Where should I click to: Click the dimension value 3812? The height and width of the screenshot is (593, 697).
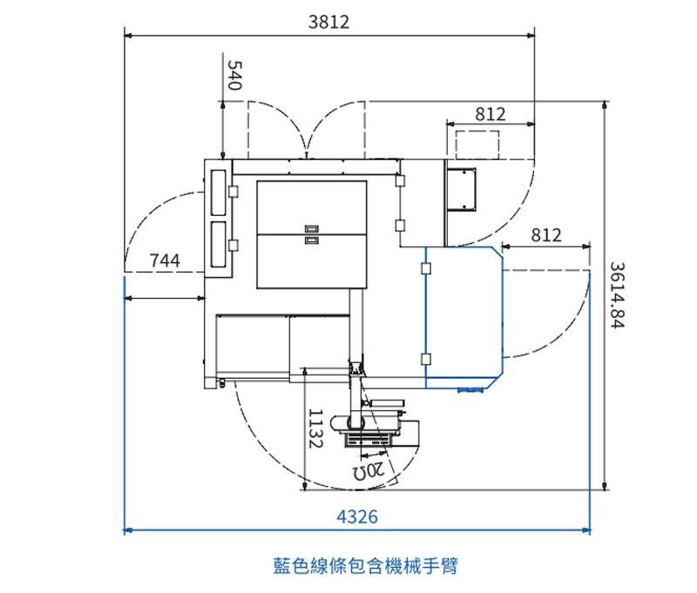coord(329,22)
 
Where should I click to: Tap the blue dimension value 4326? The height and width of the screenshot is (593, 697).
coord(357,517)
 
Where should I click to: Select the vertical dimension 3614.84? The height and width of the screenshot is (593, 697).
coord(617,295)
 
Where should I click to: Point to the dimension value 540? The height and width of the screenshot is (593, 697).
coord(234,75)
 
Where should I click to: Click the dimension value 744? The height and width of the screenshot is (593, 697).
coord(165,260)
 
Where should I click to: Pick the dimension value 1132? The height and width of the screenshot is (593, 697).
coord(315,428)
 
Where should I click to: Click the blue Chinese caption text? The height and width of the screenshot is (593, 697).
coord(365,566)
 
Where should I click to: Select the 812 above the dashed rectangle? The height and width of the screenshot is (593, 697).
coord(491,114)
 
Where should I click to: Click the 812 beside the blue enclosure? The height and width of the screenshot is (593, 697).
coord(546,235)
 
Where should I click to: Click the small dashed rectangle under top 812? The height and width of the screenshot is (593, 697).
coord(477,145)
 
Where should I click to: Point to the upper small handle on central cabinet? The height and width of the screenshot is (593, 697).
coord(312,229)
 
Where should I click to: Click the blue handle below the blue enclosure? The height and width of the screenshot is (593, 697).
coord(470,390)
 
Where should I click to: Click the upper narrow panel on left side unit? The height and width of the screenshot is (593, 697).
coord(219,192)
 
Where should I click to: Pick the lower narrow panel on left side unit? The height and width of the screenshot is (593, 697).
coord(219,245)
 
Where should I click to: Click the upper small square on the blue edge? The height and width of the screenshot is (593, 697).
coord(426,268)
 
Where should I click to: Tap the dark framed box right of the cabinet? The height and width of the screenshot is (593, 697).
coord(461,189)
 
